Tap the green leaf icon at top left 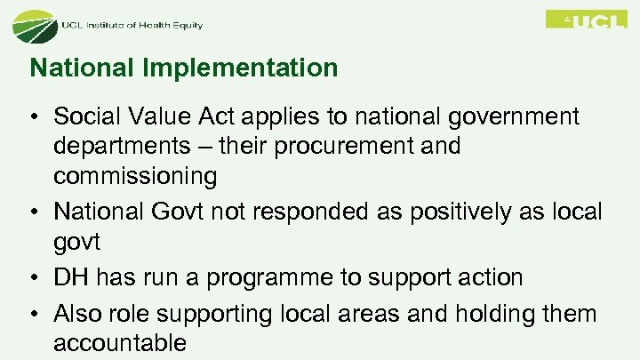(34, 24)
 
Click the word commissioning (135, 177)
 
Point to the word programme (269, 278)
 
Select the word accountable (120, 343)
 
